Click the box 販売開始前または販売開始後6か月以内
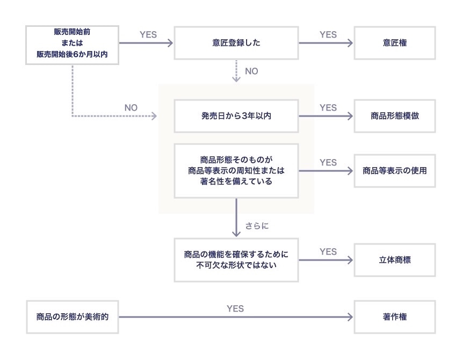pyautogui.click(x=71, y=44)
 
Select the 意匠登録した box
pyautogui.click(x=236, y=44)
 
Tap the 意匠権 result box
pyautogui.click(x=395, y=44)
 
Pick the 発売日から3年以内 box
pyautogui.click(x=236, y=116)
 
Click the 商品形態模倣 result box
pyautogui.click(x=395, y=116)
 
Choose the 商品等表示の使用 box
pyautogui.click(x=395, y=171)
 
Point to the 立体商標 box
pyautogui.click(x=395, y=261)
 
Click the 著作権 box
pyautogui.click(x=395, y=316)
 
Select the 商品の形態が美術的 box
pyautogui.click(x=71, y=316)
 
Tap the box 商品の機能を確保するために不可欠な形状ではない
pyautogui.click(x=236, y=261)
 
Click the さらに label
pyautogui.click(x=257, y=226)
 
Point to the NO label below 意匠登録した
pyautogui.click(x=251, y=71)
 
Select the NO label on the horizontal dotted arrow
pyautogui.click(x=131, y=107)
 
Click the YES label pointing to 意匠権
pyautogui.click(x=328, y=35)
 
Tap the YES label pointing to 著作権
pyautogui.click(x=235, y=308)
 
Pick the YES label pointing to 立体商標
pyautogui.click(x=328, y=251)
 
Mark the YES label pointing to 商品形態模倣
pyautogui.click(x=328, y=107)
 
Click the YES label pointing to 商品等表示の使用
pyautogui.click(x=328, y=162)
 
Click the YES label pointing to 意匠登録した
pyautogui.click(x=148, y=35)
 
